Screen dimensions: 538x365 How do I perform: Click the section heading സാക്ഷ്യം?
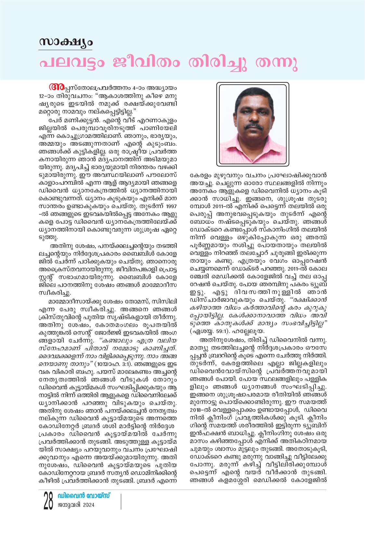[x=65, y=42]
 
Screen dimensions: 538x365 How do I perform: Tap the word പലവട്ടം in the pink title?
[x=72, y=63]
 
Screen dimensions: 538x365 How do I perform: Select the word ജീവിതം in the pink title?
[x=146, y=63]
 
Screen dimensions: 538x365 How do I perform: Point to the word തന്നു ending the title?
[x=276, y=63]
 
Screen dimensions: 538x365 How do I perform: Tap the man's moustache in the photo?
[x=254, y=126]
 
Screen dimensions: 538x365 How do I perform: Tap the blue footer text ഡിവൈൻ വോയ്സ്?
[x=84, y=496]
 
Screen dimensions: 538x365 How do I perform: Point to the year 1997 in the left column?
[x=171, y=206]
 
